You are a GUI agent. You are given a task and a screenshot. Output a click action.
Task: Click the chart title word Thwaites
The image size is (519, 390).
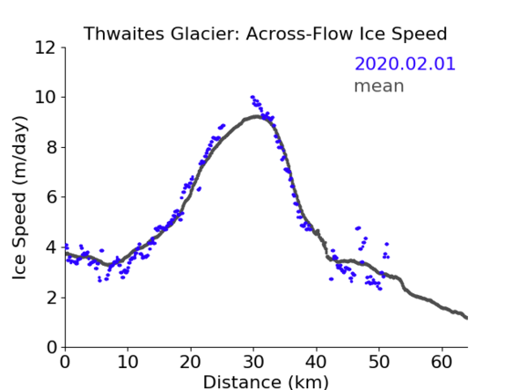pyautogui.click(x=123, y=34)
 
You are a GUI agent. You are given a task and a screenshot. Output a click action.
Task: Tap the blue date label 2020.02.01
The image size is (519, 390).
pyautogui.click(x=405, y=64)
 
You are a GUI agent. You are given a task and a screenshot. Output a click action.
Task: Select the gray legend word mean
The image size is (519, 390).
pyautogui.click(x=379, y=86)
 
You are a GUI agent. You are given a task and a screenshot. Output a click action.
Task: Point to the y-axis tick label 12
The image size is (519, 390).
pyautogui.click(x=45, y=48)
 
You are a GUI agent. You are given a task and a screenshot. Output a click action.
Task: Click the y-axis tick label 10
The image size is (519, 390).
pyautogui.click(x=45, y=98)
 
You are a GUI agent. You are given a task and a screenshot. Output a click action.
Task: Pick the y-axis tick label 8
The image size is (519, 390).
pyautogui.click(x=51, y=147)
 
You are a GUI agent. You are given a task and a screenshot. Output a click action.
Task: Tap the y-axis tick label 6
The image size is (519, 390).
pyautogui.click(x=51, y=197)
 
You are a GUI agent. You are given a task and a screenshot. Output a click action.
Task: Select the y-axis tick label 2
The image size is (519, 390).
pyautogui.click(x=51, y=298)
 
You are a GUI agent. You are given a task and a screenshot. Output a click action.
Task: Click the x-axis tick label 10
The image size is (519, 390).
pyautogui.click(x=128, y=362)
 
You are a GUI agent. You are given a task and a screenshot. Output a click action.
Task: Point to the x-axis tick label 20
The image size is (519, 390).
pyautogui.click(x=191, y=362)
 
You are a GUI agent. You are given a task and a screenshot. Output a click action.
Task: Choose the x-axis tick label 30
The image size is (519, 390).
pyautogui.click(x=254, y=362)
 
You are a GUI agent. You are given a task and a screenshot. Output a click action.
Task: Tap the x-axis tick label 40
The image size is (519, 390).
pyautogui.click(x=317, y=362)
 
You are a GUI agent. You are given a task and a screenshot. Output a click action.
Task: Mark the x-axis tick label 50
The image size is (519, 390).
pyautogui.click(x=379, y=362)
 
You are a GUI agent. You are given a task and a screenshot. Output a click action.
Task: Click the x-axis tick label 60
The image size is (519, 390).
pyautogui.click(x=441, y=362)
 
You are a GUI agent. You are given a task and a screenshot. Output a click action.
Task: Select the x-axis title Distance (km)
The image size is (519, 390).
pyautogui.click(x=265, y=382)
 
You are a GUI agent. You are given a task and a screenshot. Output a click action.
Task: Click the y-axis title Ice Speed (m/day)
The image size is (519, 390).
pyautogui.click(x=19, y=197)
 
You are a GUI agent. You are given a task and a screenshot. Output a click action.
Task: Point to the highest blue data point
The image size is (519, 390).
pyautogui.click(x=253, y=97)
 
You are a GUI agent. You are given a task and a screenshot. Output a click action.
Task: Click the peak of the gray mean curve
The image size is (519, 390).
pyautogui.click(x=256, y=117)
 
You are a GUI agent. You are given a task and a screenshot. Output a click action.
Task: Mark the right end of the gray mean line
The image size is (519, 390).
pyautogui.click(x=467, y=318)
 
